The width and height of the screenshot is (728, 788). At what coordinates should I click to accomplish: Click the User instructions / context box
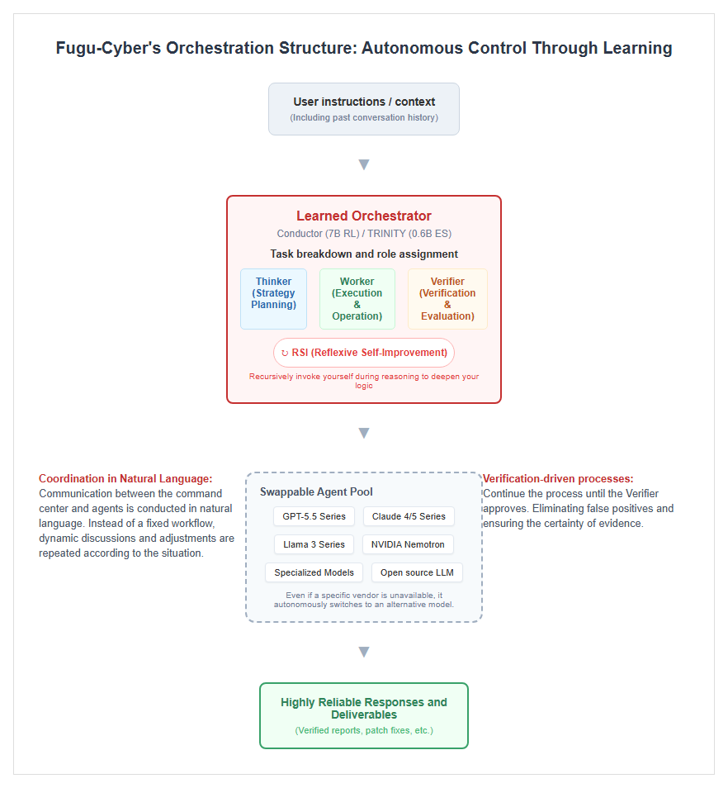click(x=363, y=109)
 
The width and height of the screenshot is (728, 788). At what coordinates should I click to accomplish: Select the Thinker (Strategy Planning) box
click(x=274, y=299)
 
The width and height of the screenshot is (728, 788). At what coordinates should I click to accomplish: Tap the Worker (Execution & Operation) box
click(x=357, y=299)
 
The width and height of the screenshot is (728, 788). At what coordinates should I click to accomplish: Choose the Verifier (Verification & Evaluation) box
click(x=447, y=299)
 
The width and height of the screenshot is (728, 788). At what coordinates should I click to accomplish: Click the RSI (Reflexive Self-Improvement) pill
click(x=364, y=353)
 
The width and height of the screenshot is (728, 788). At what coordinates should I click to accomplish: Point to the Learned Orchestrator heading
click(x=364, y=216)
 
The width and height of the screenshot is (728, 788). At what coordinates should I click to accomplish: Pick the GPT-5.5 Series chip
click(x=314, y=516)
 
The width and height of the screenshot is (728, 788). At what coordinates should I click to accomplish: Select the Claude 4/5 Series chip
click(x=409, y=516)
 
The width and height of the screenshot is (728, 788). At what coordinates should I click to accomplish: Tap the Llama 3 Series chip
click(x=314, y=544)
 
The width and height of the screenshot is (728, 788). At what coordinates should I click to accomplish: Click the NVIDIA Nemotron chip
click(x=408, y=544)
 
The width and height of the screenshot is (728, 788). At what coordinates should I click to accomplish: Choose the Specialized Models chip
click(x=314, y=572)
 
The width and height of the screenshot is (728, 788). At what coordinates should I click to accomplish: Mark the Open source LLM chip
click(x=417, y=572)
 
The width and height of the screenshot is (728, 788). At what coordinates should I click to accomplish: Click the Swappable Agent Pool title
click(x=316, y=492)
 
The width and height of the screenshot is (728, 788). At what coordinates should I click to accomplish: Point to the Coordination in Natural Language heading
click(x=125, y=479)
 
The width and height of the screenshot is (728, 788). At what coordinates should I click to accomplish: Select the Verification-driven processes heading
click(x=558, y=479)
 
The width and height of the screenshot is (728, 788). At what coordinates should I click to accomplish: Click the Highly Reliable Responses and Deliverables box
click(x=364, y=715)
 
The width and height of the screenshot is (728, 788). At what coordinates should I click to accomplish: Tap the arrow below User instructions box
click(x=364, y=165)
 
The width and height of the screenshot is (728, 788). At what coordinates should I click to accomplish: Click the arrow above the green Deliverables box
click(x=364, y=653)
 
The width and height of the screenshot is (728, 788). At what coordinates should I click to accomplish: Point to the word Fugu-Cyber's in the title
click(x=108, y=48)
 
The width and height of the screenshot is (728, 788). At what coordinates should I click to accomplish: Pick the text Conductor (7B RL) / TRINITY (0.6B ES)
click(x=364, y=234)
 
